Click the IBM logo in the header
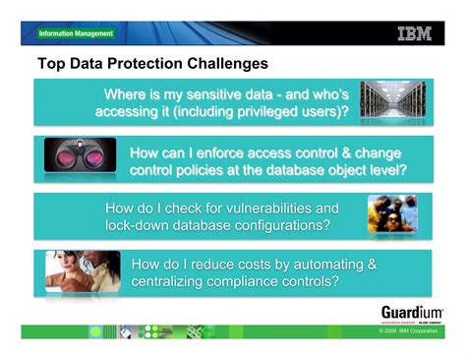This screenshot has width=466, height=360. pyautogui.click(x=414, y=33)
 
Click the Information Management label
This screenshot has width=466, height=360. pyautogui.click(x=76, y=33)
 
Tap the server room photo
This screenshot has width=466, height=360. pyautogui.click(x=388, y=101)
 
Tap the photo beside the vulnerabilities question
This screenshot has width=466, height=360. pyautogui.click(x=392, y=213)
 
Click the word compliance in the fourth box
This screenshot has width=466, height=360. pyautogui.click(x=254, y=281)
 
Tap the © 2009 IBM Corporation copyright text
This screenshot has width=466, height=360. pyautogui.click(x=412, y=331)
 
